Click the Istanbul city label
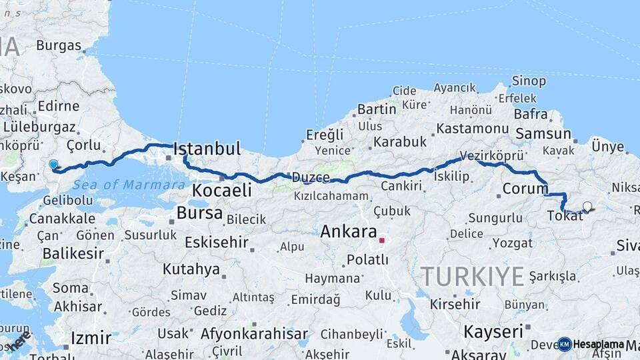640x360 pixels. [x=207, y=149]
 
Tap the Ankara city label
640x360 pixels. [x=349, y=232]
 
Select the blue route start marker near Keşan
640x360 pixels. [x=53, y=164]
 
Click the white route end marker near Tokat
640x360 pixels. [x=587, y=206]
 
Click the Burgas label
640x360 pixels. [x=59, y=46]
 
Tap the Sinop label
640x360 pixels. [x=529, y=81]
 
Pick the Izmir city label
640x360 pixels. [x=90, y=338]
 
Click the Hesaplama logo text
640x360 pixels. [x=597, y=344]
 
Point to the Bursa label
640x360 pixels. [x=200, y=213]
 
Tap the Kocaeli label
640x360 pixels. [x=222, y=191]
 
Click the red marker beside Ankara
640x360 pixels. [x=381, y=240]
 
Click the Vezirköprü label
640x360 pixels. [x=493, y=155]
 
